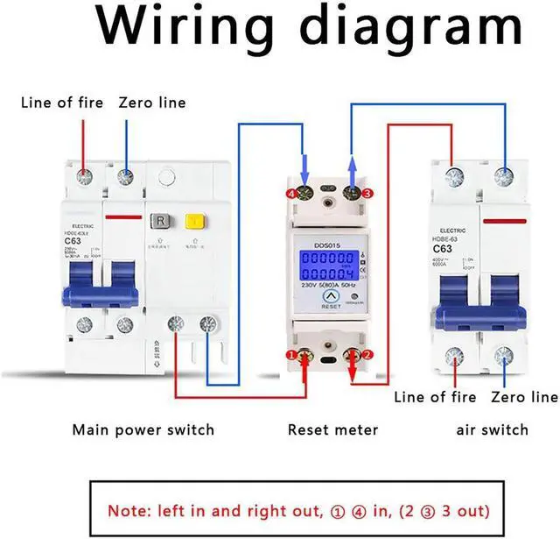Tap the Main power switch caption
(x=143, y=429)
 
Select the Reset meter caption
(x=332, y=429)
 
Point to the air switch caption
(x=493, y=429)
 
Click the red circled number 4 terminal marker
(x=290, y=193)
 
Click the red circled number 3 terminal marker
(x=368, y=193)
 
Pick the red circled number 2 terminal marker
(x=368, y=354)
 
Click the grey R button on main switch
(x=161, y=221)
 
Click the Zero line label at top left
(x=152, y=103)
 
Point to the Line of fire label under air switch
(x=435, y=397)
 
